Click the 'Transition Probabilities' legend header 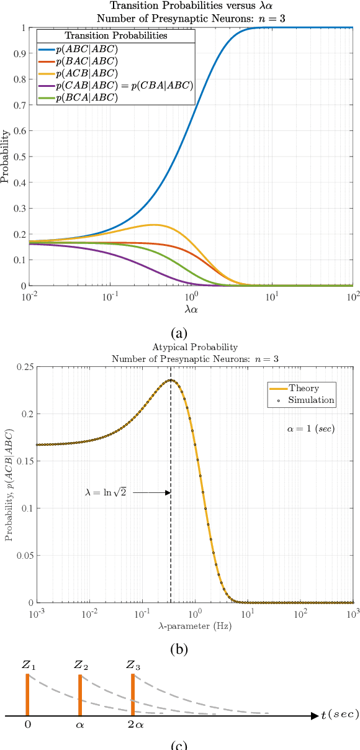click(116, 36)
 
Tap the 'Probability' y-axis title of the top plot click(6, 156)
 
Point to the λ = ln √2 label click(106, 493)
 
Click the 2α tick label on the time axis click(132, 724)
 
